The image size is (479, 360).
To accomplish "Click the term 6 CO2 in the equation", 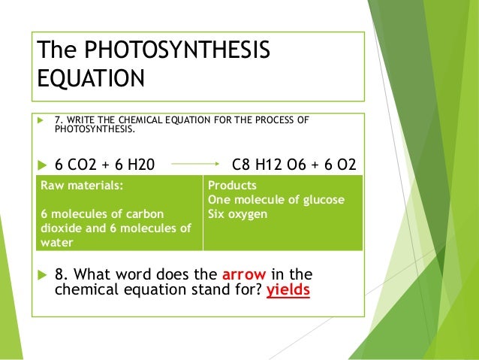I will [x=80, y=163].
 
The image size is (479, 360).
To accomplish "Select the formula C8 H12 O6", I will [x=272, y=163].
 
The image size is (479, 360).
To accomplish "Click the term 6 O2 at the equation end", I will [x=339, y=163].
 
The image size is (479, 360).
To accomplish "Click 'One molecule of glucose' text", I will [x=276, y=199].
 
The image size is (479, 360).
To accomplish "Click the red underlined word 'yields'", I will [x=288, y=289].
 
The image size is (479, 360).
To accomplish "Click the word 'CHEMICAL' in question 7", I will [x=140, y=119].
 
